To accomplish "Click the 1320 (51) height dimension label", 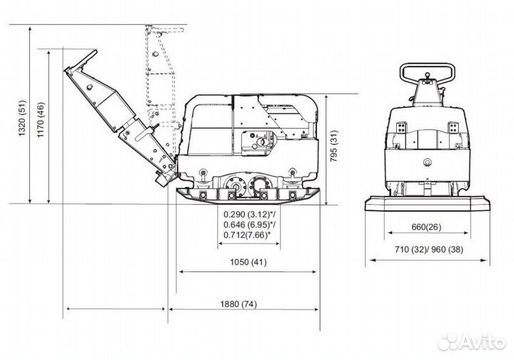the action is pyautogui.click(x=22, y=118).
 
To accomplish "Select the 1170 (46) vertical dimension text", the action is pyautogui.click(x=41, y=120).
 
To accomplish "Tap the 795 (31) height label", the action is pyautogui.click(x=333, y=146).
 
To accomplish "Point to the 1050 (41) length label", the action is pyautogui.click(x=248, y=262).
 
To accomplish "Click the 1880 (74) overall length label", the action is pyautogui.click(x=238, y=304).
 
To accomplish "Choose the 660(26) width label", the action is pyautogui.click(x=426, y=226).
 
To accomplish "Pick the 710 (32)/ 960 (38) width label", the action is pyautogui.click(x=429, y=249).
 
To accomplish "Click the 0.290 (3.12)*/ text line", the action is pyautogui.click(x=249, y=214).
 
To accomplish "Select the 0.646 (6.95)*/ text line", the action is pyautogui.click(x=249, y=224).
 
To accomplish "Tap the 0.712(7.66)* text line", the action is pyautogui.click(x=247, y=235).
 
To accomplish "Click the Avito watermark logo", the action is pyautogui.click(x=472, y=342).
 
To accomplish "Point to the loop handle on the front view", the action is pyautogui.click(x=427, y=64).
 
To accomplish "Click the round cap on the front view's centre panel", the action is pyautogui.click(x=427, y=161).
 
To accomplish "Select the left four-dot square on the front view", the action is pyautogui.click(x=401, y=128).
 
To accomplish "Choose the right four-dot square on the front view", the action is pyautogui.click(x=453, y=128).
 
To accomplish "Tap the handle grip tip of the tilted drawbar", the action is pyautogui.click(x=95, y=52).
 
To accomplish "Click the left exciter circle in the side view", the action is pyautogui.click(x=236, y=186).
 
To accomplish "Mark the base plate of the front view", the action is pyautogui.click(x=428, y=204).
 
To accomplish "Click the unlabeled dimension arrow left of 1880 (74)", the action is pyautogui.click(x=116, y=309).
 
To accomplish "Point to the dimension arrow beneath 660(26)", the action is pyautogui.click(x=428, y=233).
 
